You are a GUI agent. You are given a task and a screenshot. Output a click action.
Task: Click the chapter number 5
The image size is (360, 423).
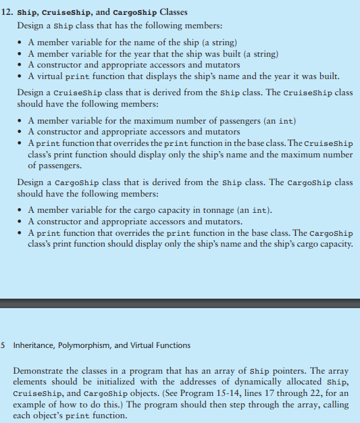[3, 345]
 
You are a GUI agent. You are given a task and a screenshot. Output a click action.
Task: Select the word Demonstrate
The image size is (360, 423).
[44, 372]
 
